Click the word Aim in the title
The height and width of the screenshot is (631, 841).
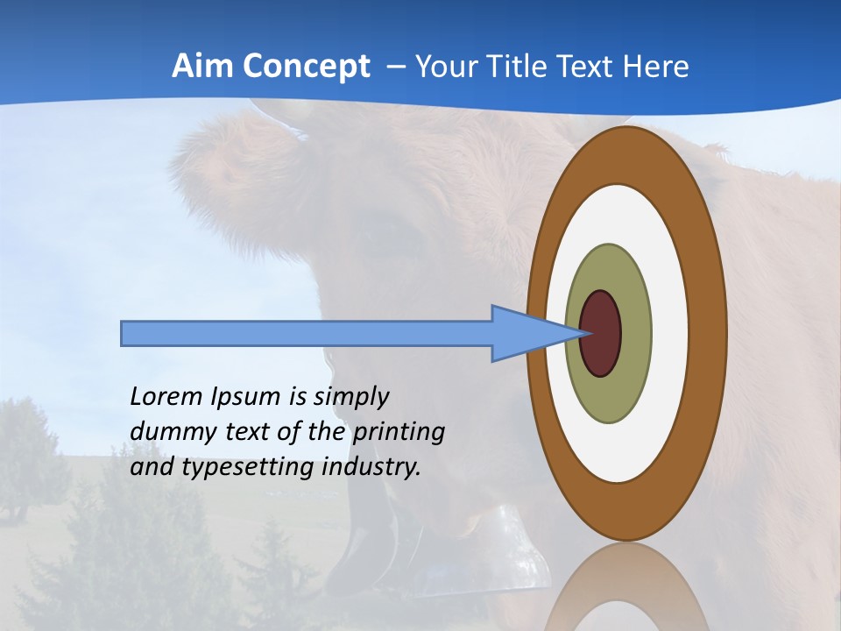(201, 67)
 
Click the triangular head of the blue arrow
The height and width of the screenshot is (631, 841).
(526, 333)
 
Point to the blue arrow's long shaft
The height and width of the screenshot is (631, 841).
(307, 333)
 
